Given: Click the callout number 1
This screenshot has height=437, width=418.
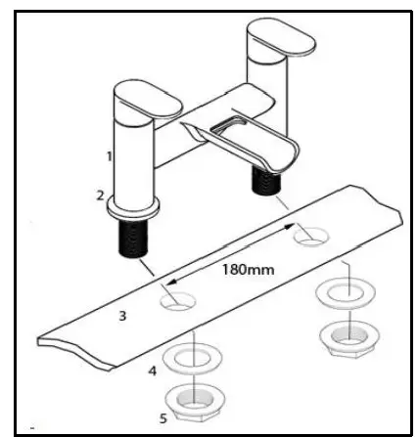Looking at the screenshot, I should click(110, 155).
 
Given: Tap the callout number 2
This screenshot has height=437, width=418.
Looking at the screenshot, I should click(101, 195).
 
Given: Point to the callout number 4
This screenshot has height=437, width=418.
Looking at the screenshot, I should click(152, 371).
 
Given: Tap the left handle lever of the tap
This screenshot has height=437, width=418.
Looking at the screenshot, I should click(147, 101).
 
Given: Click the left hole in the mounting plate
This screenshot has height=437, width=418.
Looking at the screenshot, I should click(178, 302).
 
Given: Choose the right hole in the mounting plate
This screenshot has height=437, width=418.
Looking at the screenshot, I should click(310, 236).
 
